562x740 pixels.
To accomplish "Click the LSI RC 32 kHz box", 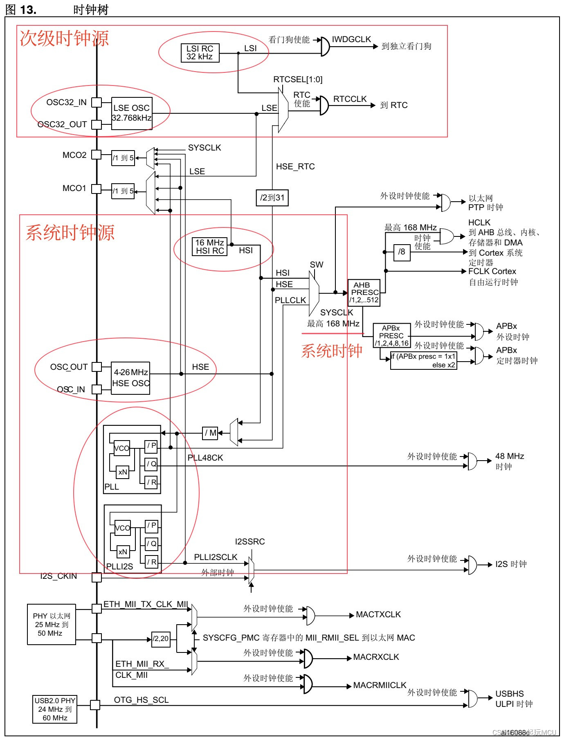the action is [200, 53].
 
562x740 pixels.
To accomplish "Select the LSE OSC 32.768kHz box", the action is [132, 113].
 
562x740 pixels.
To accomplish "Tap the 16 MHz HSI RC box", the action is [210, 247].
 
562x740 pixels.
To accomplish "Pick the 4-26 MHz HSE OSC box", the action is [130, 378].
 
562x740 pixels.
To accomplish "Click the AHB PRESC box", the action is [364, 292].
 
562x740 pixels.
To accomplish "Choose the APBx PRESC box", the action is [392, 335].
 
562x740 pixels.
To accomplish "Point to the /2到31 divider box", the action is [272, 198].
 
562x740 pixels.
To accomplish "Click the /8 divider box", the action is [402, 252].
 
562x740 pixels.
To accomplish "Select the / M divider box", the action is [210, 433].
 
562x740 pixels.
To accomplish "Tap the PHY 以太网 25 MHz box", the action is [52, 624].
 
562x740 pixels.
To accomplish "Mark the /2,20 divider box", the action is [161, 639].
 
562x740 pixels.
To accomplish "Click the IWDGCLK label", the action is [351, 39].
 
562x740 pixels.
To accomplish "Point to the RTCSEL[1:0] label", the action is [298, 79].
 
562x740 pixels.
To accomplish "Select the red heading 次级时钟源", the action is [64, 38].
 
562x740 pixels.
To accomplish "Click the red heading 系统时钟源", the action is [70, 232].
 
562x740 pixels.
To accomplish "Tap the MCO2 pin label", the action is [74, 155].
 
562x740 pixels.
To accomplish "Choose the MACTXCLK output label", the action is [378, 614].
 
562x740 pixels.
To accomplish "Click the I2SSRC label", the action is [250, 542].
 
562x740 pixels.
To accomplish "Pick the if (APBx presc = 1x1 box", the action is [424, 360].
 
